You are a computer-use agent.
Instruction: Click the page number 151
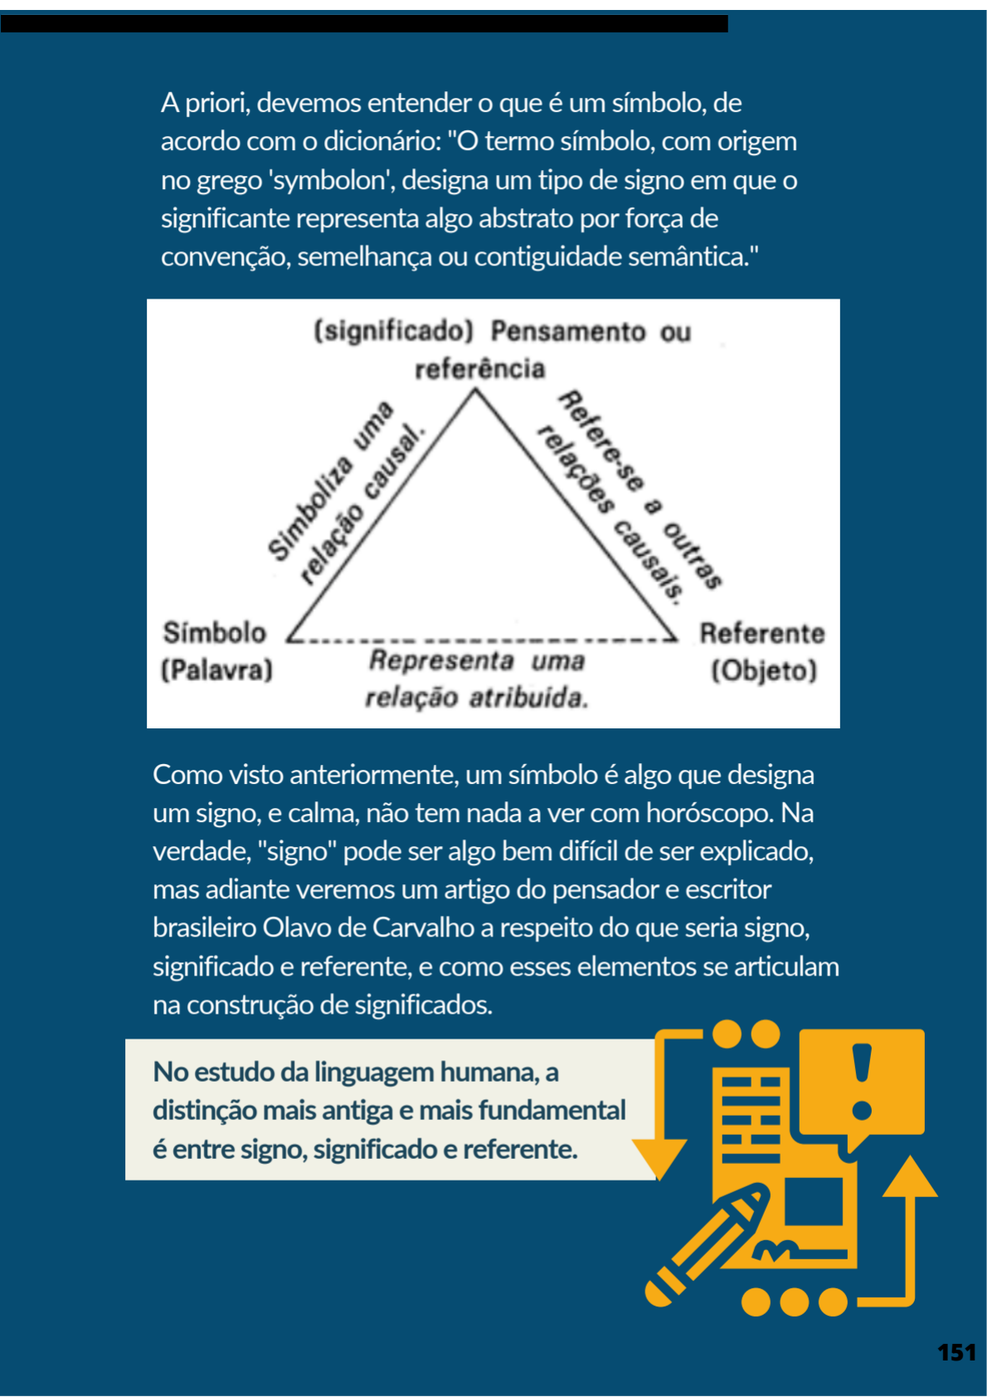[956, 1353]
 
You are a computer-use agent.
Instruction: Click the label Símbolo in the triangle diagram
[215, 633]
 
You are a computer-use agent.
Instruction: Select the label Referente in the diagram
[761, 634]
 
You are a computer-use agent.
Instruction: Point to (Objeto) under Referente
[764, 670]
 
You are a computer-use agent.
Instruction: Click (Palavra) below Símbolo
[216, 669]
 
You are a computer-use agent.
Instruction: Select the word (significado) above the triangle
[393, 331]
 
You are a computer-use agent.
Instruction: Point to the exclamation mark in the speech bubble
[863, 1079]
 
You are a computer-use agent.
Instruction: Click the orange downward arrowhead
[660, 1156]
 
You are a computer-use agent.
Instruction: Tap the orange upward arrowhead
[910, 1178]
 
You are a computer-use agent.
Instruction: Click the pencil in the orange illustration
[705, 1244]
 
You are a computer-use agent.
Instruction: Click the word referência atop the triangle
[479, 369]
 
